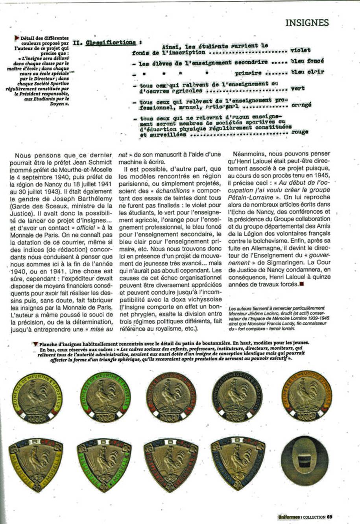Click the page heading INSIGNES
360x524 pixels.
point(307,23)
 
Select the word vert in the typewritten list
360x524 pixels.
point(297,89)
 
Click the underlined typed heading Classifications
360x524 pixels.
point(111,42)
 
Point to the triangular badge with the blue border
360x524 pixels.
point(237,463)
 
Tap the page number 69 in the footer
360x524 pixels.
point(330,517)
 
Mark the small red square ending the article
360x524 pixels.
point(301,284)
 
